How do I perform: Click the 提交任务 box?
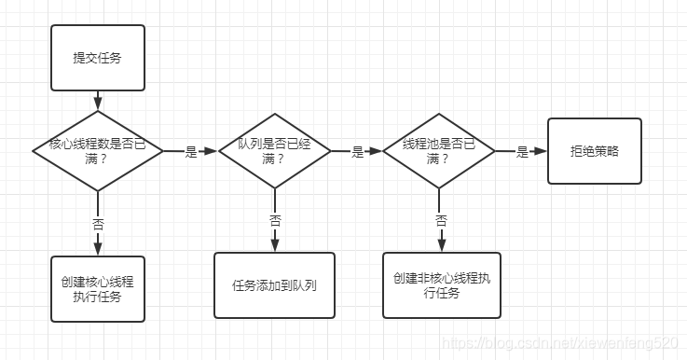(x=97, y=58)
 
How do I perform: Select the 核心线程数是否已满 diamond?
(x=97, y=151)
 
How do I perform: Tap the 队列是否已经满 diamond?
(x=274, y=151)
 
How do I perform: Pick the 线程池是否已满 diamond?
(x=438, y=151)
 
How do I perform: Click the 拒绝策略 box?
(x=595, y=151)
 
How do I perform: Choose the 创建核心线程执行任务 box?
(x=98, y=289)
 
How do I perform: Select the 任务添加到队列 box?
(x=274, y=285)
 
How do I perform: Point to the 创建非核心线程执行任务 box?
(x=441, y=285)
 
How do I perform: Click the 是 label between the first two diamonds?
(x=191, y=152)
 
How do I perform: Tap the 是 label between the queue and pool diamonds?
(x=357, y=152)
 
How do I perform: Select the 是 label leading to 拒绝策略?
(x=522, y=152)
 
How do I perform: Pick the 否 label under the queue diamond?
(x=275, y=221)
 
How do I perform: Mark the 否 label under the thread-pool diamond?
(x=441, y=221)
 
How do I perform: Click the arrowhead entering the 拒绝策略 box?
(x=543, y=151)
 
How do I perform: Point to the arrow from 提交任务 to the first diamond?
(x=97, y=100)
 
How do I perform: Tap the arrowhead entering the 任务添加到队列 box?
(x=275, y=246)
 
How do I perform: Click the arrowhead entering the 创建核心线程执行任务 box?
(x=98, y=250)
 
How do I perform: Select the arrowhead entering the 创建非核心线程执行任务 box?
(x=441, y=246)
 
